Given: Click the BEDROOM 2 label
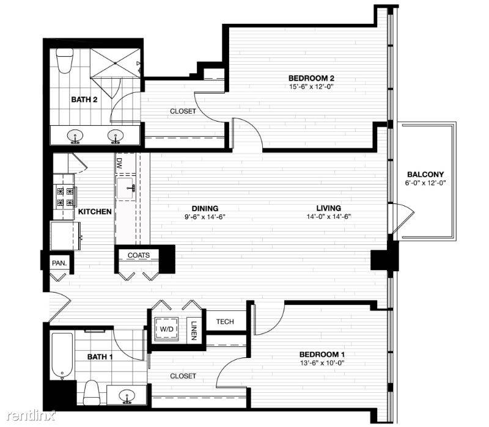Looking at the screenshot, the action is coord(311,78).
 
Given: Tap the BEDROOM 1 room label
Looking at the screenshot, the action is coord(322,354).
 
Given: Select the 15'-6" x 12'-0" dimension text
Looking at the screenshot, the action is coord(311,87).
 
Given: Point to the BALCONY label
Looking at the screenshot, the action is coord(425,175).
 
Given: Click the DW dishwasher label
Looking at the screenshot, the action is coord(119,163).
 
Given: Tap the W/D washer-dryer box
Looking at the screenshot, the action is coord(166,329).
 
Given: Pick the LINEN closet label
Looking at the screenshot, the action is coord(194,330).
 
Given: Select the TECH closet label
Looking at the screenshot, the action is coord(225,321).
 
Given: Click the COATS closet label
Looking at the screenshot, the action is coord(139,255).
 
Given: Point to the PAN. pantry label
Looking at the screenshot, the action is coord(59,263).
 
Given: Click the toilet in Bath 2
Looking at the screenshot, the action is coord(65,60).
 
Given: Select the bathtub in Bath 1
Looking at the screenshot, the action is coord(62,356).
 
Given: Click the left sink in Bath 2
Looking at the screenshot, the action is coord(75,136).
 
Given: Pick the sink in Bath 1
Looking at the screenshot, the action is coord(127,396).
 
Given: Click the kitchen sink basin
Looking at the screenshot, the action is coord(127,188).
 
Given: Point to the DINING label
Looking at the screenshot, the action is coord(205,208).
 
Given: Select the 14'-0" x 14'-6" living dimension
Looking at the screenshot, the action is coord(329,217).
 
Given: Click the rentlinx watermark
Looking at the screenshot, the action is coord(31,415).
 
